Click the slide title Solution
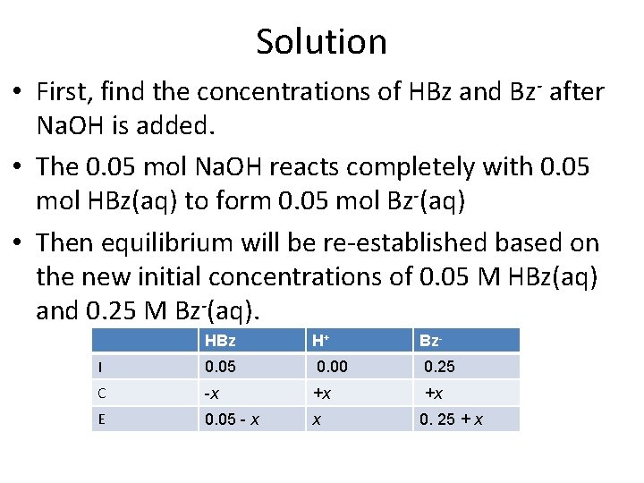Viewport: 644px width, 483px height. click(321, 41)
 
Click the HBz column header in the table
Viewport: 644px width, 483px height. click(219, 341)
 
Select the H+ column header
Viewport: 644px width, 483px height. click(320, 341)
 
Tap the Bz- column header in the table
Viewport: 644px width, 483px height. click(430, 341)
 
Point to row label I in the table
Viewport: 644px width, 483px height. click(100, 368)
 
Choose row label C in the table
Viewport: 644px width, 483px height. click(102, 393)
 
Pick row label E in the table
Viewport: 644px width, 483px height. click(101, 419)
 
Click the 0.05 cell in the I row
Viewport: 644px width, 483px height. click(221, 367)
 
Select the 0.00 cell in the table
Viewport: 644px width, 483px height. click(332, 367)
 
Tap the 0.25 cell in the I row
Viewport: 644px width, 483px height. click(438, 367)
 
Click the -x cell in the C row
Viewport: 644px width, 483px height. click(212, 393)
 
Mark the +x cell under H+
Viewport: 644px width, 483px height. click(321, 393)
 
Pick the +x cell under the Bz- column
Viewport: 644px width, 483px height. click(434, 393)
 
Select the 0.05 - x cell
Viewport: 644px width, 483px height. click(232, 419)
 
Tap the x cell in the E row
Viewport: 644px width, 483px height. click(316, 419)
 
